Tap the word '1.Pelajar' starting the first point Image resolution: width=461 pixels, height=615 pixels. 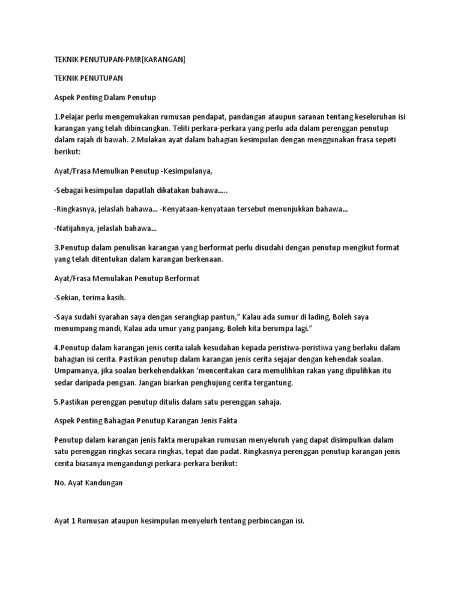click(x=70, y=117)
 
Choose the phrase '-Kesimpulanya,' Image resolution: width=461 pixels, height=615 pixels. click(x=183, y=171)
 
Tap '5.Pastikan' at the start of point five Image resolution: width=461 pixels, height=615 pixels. click(x=73, y=402)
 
